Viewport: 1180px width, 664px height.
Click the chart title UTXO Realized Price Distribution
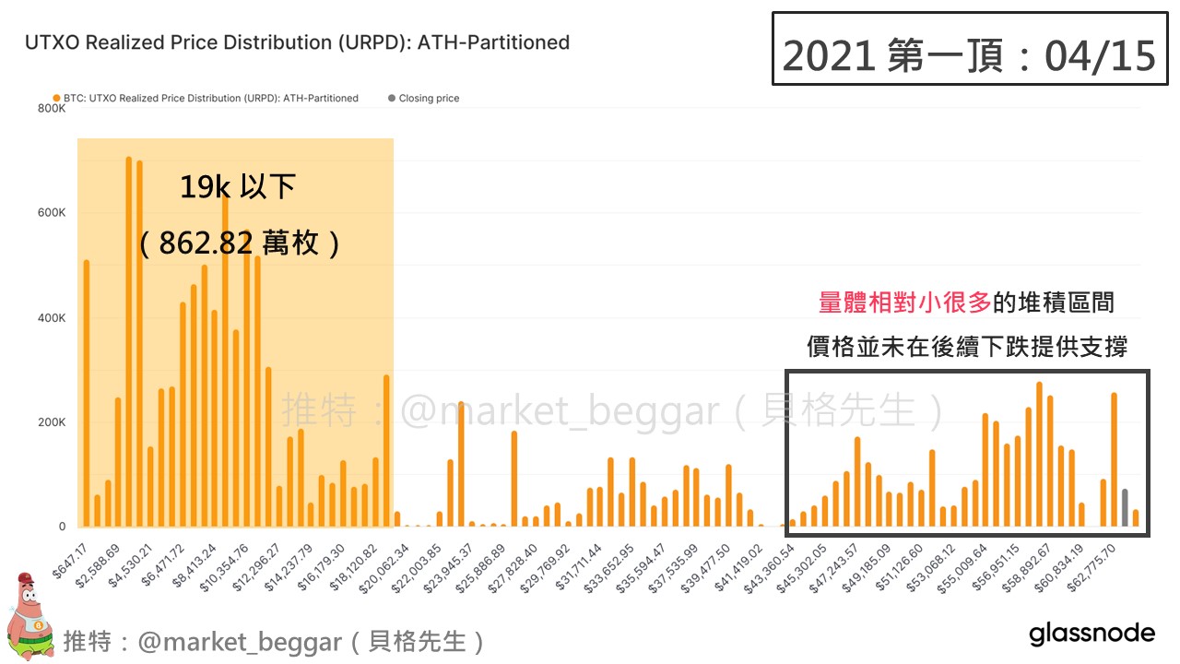click(x=296, y=42)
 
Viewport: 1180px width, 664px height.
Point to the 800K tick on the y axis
click(x=52, y=108)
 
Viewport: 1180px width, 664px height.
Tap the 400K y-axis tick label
click(x=52, y=317)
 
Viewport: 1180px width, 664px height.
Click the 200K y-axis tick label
click(x=52, y=422)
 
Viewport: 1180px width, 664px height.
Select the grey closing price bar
click(x=1125, y=508)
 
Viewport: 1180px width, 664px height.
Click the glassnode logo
click(x=1091, y=634)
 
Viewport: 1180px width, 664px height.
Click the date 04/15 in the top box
click(x=1100, y=56)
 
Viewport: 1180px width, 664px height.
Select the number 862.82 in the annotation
click(x=206, y=243)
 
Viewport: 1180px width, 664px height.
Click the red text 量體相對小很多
click(x=904, y=302)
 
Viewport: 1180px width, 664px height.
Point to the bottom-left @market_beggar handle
click(x=240, y=641)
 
